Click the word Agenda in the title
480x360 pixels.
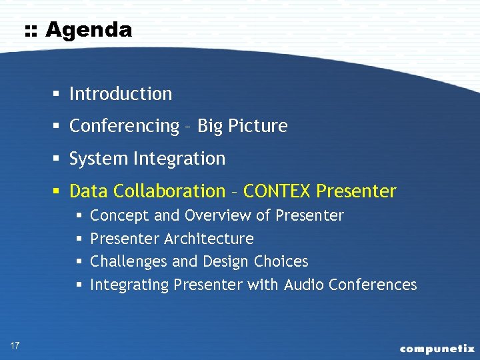89,30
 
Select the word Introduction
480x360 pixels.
121,94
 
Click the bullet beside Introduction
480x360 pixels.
59,94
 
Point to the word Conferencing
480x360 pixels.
125,126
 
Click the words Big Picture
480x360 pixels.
242,126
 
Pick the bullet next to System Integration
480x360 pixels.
59,159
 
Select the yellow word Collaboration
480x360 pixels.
169,191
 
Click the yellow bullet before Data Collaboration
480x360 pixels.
59,192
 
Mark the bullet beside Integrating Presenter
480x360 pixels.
79,285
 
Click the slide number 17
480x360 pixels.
15,345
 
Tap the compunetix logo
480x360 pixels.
437,348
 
